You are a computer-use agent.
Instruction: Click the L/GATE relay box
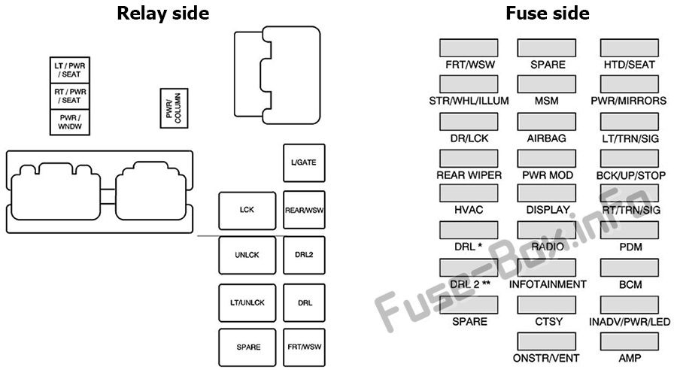304,162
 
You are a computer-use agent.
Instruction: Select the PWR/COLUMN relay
174,108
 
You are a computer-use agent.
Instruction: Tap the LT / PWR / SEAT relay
70,70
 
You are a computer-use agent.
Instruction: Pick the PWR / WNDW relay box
70,122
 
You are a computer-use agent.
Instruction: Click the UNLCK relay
247,255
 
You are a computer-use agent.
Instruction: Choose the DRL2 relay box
304,255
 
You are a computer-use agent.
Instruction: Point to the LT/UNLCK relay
247,302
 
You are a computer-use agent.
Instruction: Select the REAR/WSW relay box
304,210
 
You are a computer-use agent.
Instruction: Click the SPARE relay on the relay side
247,347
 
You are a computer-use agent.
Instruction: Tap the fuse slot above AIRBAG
547,122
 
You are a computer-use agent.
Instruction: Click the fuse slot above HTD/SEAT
630,48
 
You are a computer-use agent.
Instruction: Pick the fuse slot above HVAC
469,193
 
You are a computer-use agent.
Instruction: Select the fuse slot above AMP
630,341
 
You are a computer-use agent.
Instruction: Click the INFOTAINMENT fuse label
548,284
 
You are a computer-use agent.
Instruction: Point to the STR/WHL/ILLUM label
469,101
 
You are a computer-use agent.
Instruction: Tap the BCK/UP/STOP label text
631,176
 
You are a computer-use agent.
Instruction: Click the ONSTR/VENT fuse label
546,358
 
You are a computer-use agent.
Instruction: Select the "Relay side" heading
163,13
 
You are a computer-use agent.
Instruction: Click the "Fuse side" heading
548,13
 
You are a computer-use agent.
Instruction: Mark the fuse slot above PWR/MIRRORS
630,83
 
